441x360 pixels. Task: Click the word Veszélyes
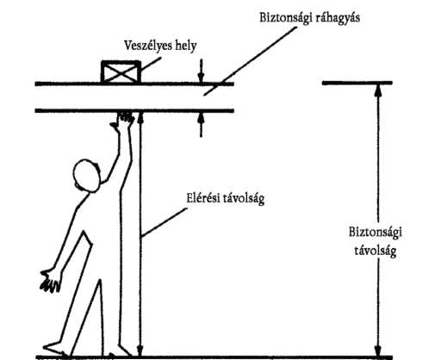click(147, 46)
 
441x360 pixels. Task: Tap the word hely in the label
click(185, 46)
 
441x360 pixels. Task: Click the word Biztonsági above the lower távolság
click(376, 233)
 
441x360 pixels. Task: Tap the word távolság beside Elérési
click(245, 199)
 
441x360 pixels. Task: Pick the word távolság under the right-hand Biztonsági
click(376, 251)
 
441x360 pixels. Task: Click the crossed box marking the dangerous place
click(121, 71)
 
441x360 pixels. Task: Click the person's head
click(87, 176)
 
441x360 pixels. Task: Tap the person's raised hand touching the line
click(123, 119)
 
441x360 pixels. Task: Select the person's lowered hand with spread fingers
click(51, 281)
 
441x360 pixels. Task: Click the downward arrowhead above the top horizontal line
click(201, 77)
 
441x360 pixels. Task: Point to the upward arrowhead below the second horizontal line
click(201, 118)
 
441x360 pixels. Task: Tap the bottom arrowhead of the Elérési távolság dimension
click(140, 351)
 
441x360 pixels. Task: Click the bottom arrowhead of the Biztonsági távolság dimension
click(378, 350)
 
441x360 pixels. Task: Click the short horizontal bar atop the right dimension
click(357, 83)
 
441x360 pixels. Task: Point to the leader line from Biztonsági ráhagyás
click(250, 61)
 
